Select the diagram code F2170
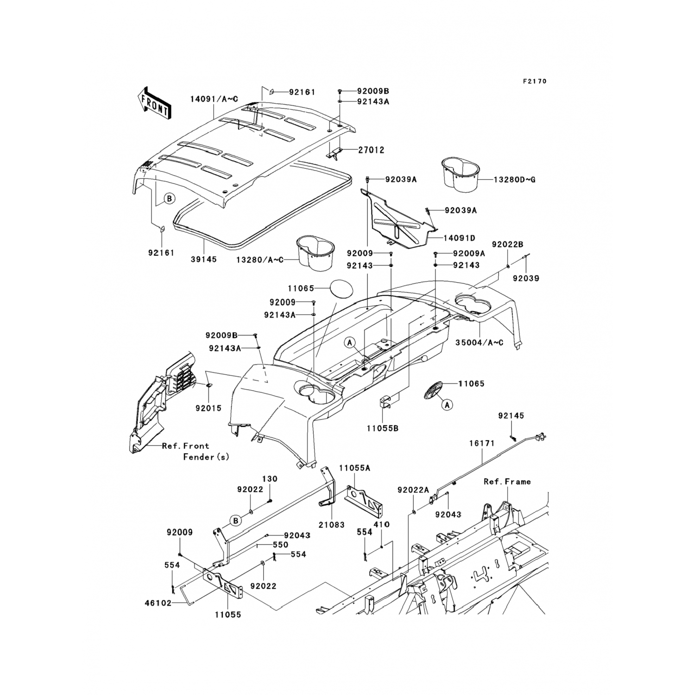point(535,81)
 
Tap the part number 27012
point(371,150)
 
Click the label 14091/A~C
point(214,99)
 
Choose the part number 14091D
point(459,238)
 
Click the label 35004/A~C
point(479,343)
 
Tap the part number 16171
point(482,443)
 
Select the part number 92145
point(511,416)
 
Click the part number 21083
point(332,524)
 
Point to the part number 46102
point(158,603)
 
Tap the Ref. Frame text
point(507,481)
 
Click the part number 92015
point(208,408)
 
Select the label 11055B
point(383,429)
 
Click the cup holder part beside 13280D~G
point(459,174)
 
